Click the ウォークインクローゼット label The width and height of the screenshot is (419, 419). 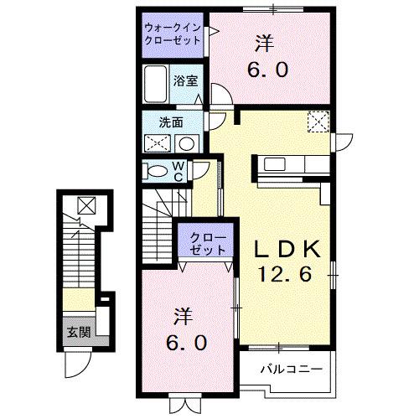(172, 34)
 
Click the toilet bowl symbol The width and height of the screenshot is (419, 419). (156, 171)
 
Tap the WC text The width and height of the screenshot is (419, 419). (179, 170)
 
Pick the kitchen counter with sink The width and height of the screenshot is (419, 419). (290, 163)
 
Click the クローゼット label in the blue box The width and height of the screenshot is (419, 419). (206, 243)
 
